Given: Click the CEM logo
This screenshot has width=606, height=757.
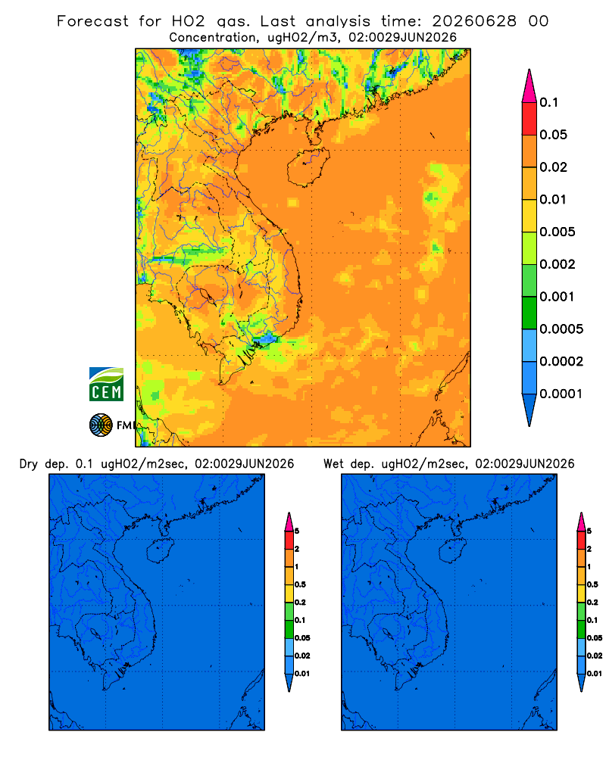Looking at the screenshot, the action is click(x=106, y=385).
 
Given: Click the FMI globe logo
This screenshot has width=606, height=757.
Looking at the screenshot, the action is click(x=101, y=425).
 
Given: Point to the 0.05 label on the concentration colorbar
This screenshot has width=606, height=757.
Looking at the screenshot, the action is click(x=553, y=135).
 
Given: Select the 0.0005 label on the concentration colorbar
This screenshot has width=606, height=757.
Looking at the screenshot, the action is click(x=561, y=329).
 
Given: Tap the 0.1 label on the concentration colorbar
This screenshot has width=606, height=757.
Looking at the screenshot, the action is click(x=548, y=102).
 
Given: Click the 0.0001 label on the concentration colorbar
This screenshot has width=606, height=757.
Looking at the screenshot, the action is click(x=561, y=394).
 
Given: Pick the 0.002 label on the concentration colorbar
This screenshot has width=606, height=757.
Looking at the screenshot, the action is click(x=558, y=264).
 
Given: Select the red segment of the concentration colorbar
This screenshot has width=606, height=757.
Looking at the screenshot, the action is click(x=529, y=119).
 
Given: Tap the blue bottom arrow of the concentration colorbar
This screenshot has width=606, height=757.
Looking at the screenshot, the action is click(x=529, y=410).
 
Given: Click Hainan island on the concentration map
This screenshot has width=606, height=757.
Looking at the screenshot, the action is click(x=308, y=167).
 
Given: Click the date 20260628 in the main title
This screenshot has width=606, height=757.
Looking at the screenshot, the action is click(x=473, y=21).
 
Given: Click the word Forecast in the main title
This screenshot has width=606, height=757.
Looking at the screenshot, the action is click(x=92, y=21).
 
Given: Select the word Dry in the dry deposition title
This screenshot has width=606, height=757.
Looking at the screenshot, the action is click(x=29, y=464).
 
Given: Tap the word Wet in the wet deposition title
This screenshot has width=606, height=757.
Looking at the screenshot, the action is click(x=334, y=464).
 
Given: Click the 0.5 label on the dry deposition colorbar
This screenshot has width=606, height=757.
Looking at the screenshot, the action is click(x=300, y=584).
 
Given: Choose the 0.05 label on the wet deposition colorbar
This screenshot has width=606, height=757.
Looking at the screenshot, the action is click(x=595, y=637).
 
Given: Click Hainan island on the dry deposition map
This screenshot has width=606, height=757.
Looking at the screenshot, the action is click(x=159, y=550).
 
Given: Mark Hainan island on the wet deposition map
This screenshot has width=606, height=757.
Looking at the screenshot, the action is click(x=452, y=550).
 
